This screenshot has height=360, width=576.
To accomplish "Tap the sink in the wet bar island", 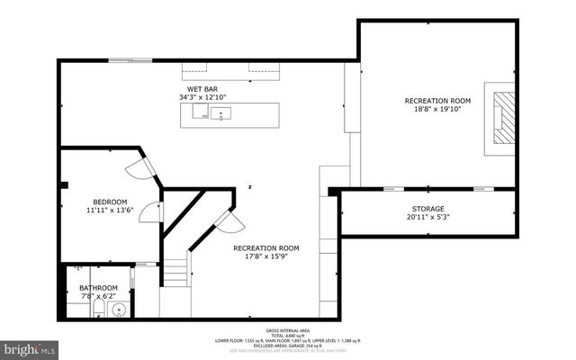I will click(220, 114).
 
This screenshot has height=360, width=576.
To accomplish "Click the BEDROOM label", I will click(110, 201).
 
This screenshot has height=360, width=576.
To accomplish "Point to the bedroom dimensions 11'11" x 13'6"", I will click(110, 211).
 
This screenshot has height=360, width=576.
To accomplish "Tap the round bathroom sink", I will click(117, 309).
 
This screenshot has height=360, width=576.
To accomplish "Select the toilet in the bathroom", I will click(97, 310).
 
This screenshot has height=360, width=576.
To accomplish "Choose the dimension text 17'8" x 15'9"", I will click(265, 256).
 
